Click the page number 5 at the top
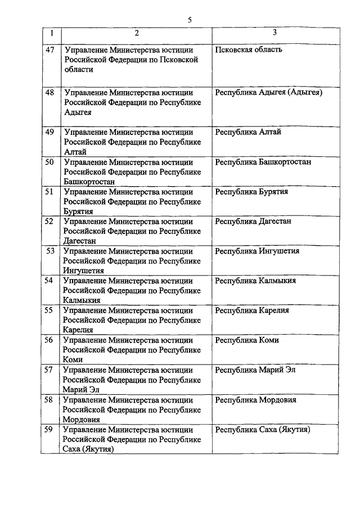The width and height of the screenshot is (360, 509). pos(190,20)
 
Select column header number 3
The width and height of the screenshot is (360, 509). pos(274,33)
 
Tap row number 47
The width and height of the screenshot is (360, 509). pos(50,49)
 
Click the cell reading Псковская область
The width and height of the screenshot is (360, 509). pos(249,49)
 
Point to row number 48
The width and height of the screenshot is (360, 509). pos(50,92)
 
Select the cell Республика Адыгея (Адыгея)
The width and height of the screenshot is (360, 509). pos(268,92)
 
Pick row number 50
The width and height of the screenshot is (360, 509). pos(50,162)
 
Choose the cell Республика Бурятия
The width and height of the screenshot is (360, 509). pos(251,192)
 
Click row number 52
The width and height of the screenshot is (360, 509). pos(50,222)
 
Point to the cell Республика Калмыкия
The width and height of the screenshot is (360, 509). pos(255,281)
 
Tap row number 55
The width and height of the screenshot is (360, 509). pos(50,310)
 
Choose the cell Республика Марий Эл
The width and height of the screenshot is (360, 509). pos(255,370)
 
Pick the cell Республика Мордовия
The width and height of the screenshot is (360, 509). pos(255,400)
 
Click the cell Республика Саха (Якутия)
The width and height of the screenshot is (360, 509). pos(263,430)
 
